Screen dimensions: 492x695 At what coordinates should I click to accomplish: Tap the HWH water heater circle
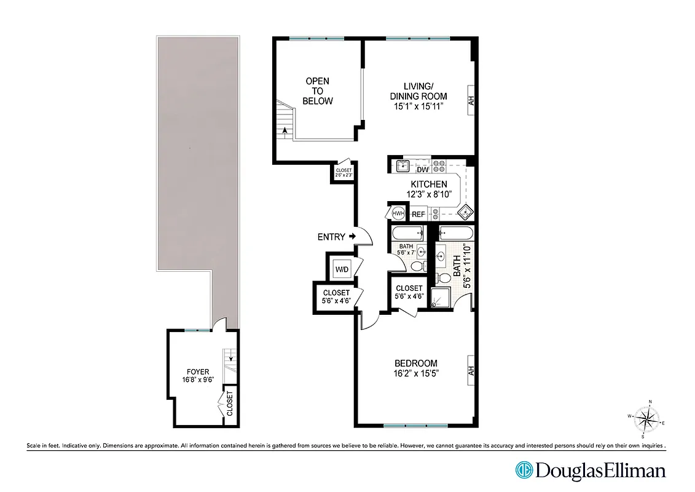point(398,213)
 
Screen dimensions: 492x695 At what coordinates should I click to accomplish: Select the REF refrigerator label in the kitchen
point(418,214)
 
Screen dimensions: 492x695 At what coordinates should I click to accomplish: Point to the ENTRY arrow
point(352,236)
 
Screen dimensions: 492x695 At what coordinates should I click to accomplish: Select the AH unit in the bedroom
point(471,371)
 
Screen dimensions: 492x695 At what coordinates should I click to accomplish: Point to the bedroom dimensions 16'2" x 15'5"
point(416,373)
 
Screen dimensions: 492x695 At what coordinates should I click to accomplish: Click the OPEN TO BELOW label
point(317,91)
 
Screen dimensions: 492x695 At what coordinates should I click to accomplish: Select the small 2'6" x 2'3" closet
point(344,172)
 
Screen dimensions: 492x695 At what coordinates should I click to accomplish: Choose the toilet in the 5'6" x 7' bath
point(418,265)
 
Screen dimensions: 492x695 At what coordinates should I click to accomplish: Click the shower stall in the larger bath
point(441,298)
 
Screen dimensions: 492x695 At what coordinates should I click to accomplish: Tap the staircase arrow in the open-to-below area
point(285,129)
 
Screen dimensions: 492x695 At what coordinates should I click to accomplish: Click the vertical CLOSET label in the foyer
point(230,403)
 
